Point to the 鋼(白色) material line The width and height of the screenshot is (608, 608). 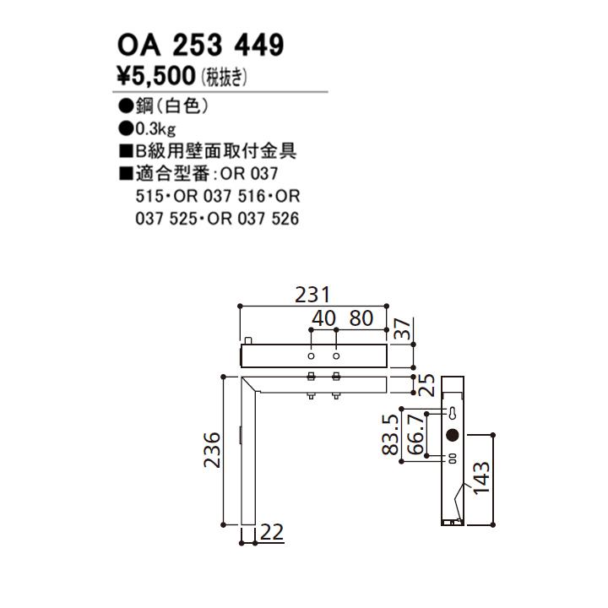click(x=164, y=109)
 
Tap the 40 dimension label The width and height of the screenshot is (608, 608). click(x=323, y=319)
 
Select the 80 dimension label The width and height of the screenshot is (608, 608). click(x=361, y=319)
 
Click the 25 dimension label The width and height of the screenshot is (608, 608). click(x=426, y=385)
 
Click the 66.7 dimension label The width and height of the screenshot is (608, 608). click(x=415, y=435)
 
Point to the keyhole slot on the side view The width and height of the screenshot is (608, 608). click(x=453, y=415)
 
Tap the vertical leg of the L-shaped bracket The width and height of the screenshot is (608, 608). click(x=248, y=456)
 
